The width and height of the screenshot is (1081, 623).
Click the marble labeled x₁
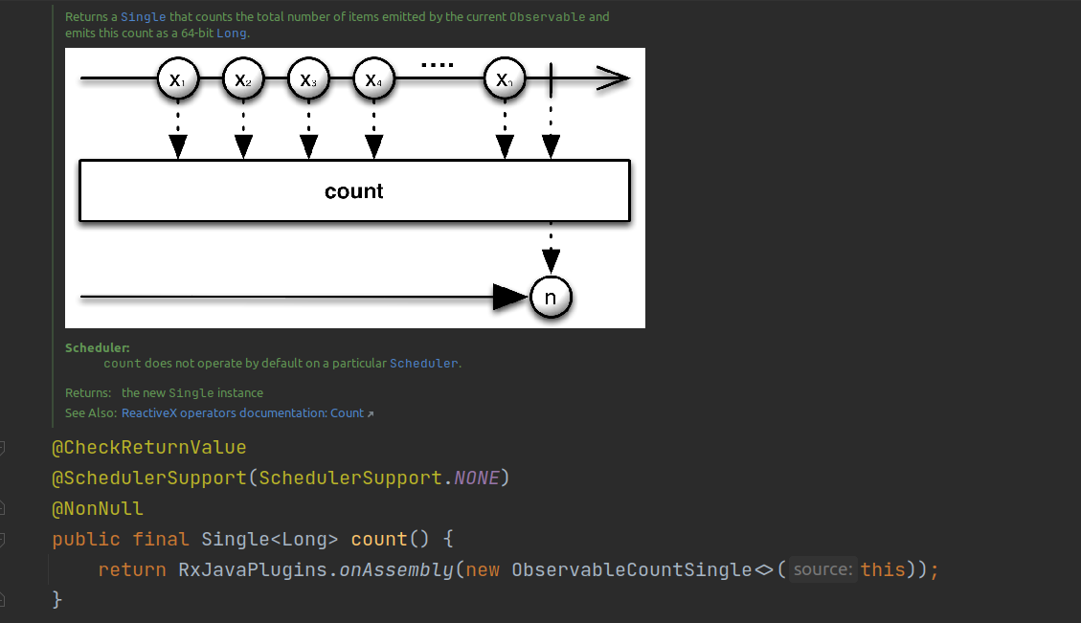177,79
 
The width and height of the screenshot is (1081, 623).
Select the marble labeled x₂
242,79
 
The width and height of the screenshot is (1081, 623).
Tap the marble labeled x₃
307,79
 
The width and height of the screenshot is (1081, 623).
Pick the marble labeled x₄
372,79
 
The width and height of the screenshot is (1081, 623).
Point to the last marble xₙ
504,79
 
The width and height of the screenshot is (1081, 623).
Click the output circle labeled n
551,298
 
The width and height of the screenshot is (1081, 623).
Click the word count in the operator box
353,191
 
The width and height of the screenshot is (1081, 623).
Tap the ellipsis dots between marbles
437,65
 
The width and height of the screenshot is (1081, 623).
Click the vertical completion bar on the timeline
551,79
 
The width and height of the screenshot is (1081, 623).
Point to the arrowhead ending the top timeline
614,79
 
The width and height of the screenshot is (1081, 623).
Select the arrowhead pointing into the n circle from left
510,298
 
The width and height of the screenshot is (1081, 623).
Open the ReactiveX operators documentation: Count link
243,413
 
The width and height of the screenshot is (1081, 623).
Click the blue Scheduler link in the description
424,364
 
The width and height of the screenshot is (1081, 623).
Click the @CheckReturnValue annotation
148,447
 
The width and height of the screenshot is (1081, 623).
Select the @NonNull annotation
98,508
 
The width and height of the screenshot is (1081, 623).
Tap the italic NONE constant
476,478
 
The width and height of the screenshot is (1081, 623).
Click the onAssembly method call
396,569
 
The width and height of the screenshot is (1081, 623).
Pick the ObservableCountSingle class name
632,569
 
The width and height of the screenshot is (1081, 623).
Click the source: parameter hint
822,569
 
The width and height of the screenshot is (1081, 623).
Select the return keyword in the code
132,569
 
